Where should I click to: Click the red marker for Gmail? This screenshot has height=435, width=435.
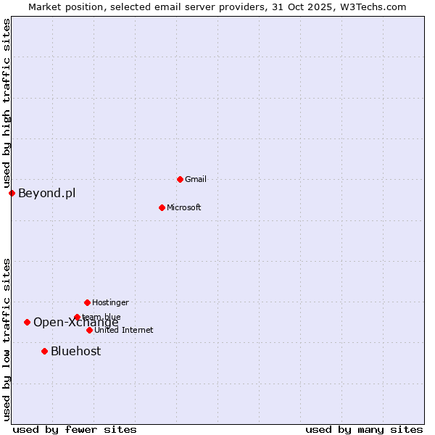[x=180, y=179]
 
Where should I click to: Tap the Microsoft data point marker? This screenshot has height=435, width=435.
[x=162, y=207]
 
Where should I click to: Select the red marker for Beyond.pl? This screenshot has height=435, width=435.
[x=12, y=193]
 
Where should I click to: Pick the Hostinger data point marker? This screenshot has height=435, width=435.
[x=87, y=302]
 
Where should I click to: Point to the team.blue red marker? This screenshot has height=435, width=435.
[x=77, y=317]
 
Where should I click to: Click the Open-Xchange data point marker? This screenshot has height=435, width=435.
[x=27, y=322]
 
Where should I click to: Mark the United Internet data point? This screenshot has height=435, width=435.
[x=89, y=330]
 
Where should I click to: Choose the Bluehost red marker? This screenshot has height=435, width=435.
[x=44, y=351]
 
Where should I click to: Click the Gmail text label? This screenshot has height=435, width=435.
[x=196, y=179]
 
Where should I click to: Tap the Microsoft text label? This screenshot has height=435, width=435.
[x=183, y=207]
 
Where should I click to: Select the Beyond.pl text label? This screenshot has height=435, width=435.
[x=46, y=193]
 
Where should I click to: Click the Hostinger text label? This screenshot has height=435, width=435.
[x=110, y=302]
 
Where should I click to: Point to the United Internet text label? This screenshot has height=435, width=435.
[x=123, y=330]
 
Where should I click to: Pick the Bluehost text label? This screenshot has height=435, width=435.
[x=75, y=351]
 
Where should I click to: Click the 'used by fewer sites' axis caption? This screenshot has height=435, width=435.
[x=75, y=429]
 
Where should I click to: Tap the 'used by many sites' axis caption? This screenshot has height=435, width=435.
[x=364, y=429]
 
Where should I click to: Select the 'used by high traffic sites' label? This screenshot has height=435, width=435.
[x=7, y=103]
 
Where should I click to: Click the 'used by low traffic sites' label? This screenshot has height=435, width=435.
[x=7, y=339]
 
